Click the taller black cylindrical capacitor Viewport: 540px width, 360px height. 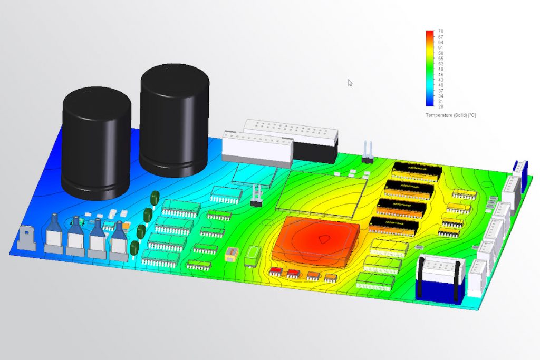pyautogui.click(x=174, y=121)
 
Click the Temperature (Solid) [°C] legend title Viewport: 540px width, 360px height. pyautogui.click(x=450, y=115)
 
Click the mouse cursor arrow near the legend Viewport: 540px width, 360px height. pyautogui.click(x=350, y=83)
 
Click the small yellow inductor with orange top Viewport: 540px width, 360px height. pyautogui.click(x=230, y=255)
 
